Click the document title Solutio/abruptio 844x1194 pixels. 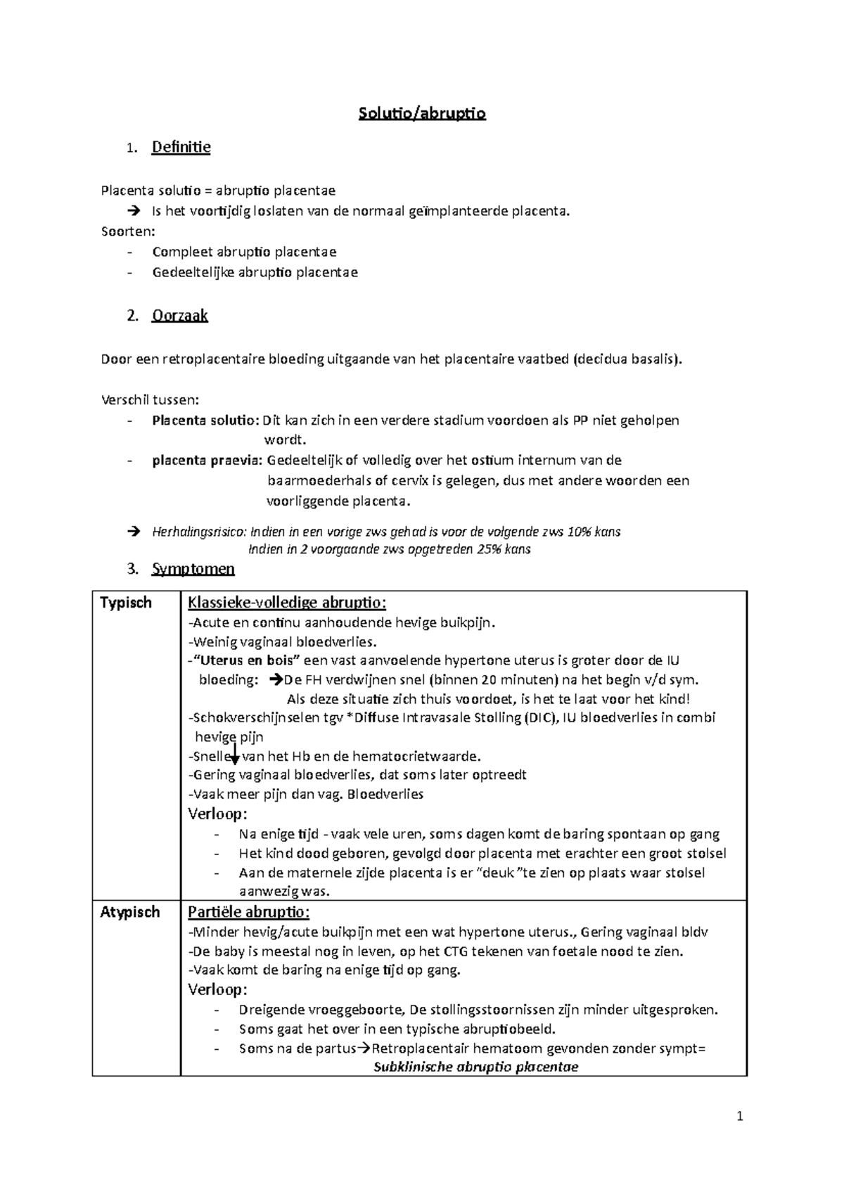pos(422,113)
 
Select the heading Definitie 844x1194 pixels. pos(181,147)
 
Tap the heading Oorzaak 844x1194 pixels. pos(180,315)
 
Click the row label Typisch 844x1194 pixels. pos(126,603)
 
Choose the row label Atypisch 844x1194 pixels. pos(129,912)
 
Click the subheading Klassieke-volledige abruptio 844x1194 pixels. pos(287,603)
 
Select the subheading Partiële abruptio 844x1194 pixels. pos(248,912)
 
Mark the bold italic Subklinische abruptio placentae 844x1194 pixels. pos(475,1067)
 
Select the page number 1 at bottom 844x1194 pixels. pos(739,1117)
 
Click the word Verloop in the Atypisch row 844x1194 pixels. pos(217,989)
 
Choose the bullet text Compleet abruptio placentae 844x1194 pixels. pos(244,252)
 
